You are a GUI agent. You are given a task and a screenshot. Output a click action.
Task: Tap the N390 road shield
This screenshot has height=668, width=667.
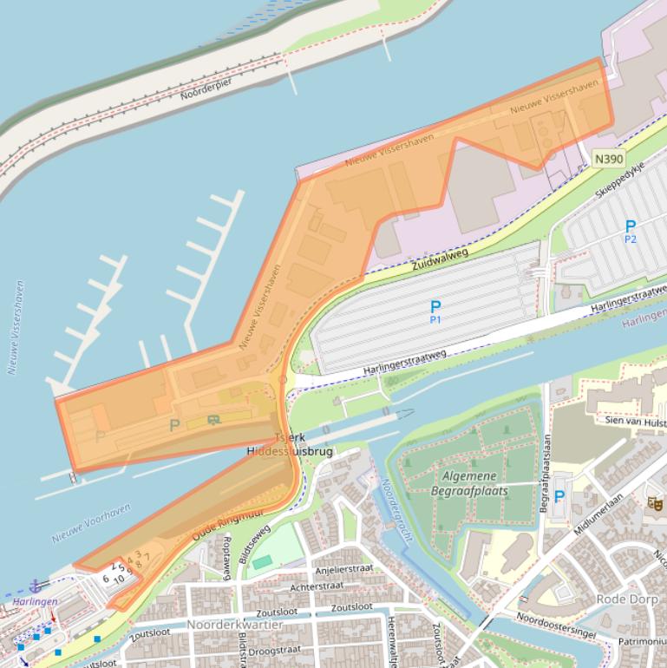coord(609,159)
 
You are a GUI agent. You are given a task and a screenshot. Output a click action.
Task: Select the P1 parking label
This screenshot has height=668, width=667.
coord(435,311)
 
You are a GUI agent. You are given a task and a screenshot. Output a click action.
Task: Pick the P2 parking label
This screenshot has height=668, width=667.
coord(631,232)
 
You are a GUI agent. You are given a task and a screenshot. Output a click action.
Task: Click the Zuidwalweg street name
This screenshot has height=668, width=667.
coord(441,258)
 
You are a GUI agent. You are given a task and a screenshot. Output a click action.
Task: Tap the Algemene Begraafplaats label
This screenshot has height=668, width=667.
coord(469,483)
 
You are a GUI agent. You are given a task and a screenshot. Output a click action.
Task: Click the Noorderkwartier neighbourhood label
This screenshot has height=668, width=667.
coord(233,624)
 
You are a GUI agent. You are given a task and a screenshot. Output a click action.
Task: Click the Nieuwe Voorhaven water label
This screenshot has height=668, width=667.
coord(91,523)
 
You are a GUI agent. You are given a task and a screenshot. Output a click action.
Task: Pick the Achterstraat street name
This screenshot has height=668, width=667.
coord(317,586)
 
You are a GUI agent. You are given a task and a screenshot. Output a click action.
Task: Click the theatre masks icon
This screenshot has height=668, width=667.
coord(655,502)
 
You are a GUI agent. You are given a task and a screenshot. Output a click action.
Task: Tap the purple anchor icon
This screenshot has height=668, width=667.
coord(36,586)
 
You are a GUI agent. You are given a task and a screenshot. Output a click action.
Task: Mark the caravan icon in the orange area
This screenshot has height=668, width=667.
coord(213,420)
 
